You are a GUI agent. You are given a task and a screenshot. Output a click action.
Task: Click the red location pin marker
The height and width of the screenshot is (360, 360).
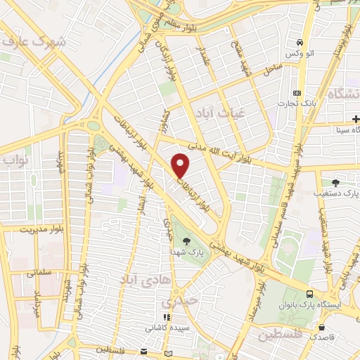181,166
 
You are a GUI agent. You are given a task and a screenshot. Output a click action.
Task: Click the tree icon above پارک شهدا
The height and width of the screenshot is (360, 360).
186,241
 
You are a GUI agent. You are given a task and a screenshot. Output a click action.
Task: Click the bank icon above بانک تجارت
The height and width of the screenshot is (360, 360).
297,93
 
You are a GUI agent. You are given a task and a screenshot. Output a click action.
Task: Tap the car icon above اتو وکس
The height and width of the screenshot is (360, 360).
300,42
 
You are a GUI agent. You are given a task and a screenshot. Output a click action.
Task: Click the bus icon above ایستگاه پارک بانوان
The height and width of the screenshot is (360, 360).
309,295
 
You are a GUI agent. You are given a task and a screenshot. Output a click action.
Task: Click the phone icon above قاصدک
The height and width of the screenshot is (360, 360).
320,327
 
